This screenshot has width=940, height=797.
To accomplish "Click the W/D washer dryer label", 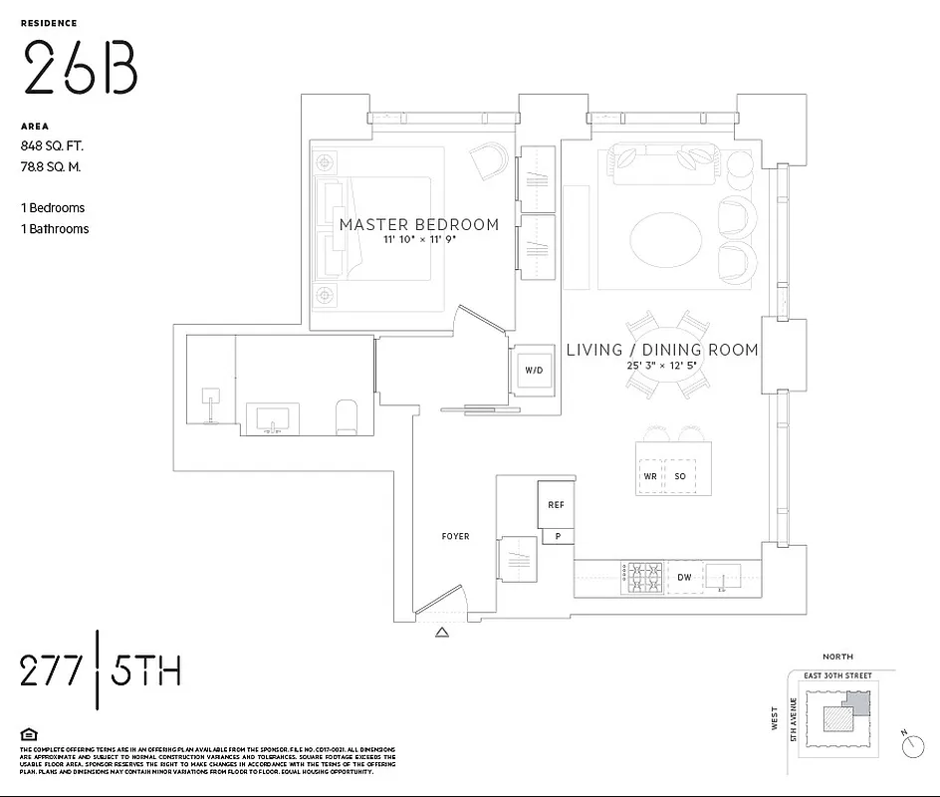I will (535, 371).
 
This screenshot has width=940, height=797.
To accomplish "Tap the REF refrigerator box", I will (556, 505).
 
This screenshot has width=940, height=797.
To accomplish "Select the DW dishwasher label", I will (685, 577).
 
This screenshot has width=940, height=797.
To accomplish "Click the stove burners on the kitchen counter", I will (642, 578).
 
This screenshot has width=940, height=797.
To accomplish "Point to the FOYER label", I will (455, 537).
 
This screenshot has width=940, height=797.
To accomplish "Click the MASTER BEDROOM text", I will (418, 224).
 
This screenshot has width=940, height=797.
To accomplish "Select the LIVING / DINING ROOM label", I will (662, 350).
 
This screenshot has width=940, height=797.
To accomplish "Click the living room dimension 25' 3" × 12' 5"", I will (662, 366).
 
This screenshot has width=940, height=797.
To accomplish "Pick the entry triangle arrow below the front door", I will (442, 631).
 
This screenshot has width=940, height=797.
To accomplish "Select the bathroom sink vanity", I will (272, 418).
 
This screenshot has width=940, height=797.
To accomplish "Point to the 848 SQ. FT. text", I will (52, 145).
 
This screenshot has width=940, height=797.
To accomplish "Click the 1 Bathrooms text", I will (55, 229).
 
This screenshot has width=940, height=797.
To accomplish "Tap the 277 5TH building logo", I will (101, 671).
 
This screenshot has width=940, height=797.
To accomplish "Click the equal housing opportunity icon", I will (29, 735).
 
